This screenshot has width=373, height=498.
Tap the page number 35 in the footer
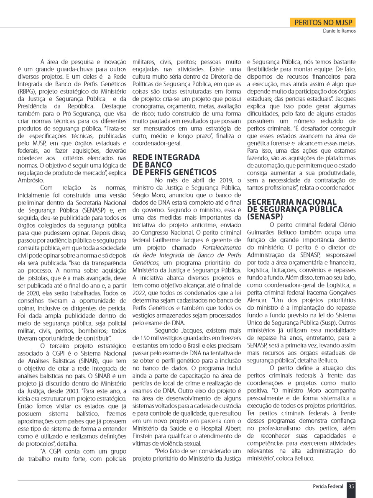point(351,486)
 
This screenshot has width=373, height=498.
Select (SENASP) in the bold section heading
point(265,217)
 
